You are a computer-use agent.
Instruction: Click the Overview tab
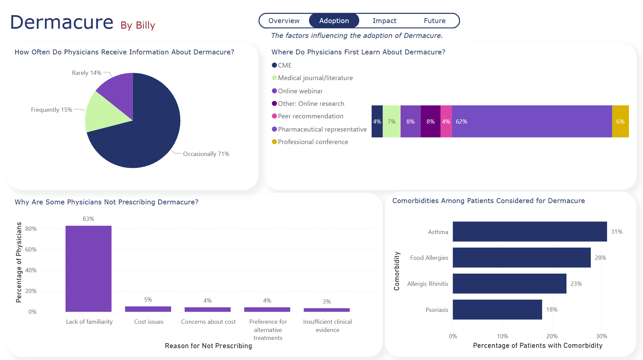pyautogui.click(x=284, y=21)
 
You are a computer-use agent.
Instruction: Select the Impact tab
pyautogui.click(x=384, y=21)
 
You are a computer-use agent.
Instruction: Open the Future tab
pyautogui.click(x=435, y=21)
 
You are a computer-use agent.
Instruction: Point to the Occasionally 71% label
pyautogui.click(x=206, y=154)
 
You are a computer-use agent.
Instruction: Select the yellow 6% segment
pyautogui.click(x=620, y=121)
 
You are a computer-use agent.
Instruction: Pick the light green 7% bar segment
pyautogui.click(x=391, y=121)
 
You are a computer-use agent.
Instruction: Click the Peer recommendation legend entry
pyautogui.click(x=310, y=116)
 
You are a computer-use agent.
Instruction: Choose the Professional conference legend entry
pyautogui.click(x=313, y=142)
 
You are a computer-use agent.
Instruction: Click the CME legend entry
pyautogui.click(x=285, y=65)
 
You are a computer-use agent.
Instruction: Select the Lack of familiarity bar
pyautogui.click(x=88, y=269)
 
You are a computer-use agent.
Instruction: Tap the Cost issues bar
pyautogui.click(x=148, y=309)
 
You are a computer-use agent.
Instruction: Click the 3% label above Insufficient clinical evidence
pyautogui.click(x=326, y=302)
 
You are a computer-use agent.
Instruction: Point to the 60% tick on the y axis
pyautogui.click(x=31, y=250)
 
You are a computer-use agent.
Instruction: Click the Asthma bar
pyautogui.click(x=530, y=231)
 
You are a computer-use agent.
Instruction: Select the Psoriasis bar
pyautogui.click(x=497, y=310)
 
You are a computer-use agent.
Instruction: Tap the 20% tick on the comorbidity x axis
pyautogui.click(x=552, y=336)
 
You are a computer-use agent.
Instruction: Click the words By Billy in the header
pyautogui.click(x=138, y=25)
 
